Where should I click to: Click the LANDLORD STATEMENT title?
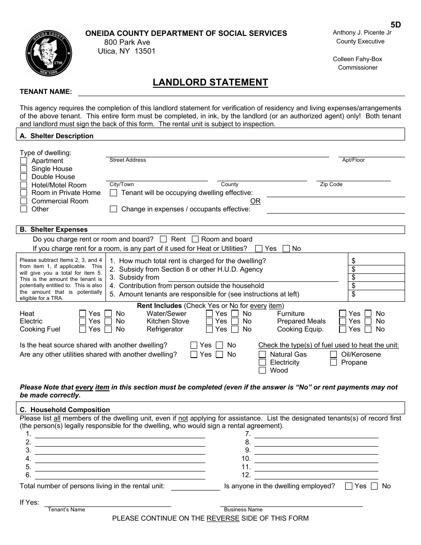(x=210, y=82)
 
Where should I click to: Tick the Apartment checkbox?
(x=23, y=161)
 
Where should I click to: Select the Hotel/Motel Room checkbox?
(x=23, y=185)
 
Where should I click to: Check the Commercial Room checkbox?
(x=23, y=201)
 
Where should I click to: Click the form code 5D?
(x=395, y=25)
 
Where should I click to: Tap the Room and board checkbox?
(x=195, y=239)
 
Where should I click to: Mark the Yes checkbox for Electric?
(x=82, y=321)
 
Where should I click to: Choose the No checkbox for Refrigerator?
(x=235, y=329)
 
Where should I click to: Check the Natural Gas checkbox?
(x=262, y=354)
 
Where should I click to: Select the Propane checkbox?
(x=333, y=362)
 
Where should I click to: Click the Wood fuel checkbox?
(x=262, y=370)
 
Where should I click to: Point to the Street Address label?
(x=128, y=160)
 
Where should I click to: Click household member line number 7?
(x=316, y=434)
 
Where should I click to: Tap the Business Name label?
(x=243, y=510)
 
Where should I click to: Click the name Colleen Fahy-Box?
(x=357, y=59)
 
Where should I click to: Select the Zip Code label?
(x=331, y=184)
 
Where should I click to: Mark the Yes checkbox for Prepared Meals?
(x=343, y=321)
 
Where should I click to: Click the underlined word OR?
(x=255, y=201)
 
